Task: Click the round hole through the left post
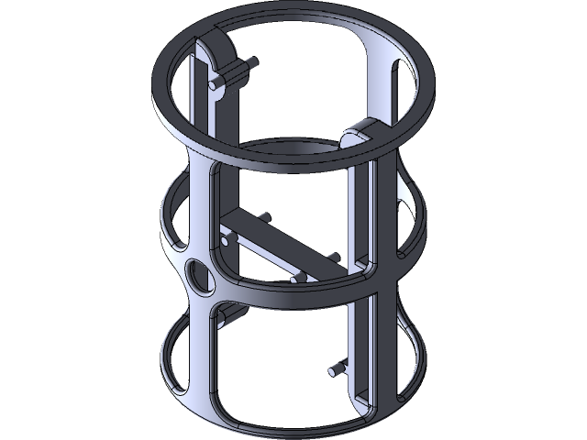coord(198,274)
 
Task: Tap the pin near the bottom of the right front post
coord(338,369)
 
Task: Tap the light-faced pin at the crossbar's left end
coord(227,241)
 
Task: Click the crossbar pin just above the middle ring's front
coord(298,278)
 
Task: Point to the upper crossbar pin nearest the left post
coord(264,218)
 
